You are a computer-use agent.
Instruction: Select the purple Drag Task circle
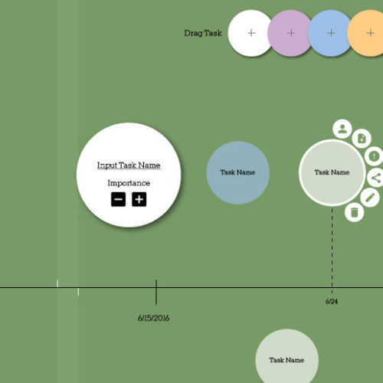pyautogui.click(x=290, y=33)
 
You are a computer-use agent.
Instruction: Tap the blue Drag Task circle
pyautogui.click(x=331, y=33)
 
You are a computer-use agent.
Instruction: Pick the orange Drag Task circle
pyautogui.click(x=368, y=33)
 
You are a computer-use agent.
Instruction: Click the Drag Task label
pyautogui.click(x=203, y=33)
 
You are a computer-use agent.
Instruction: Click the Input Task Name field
pyautogui.click(x=129, y=165)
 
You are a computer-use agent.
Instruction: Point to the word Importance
pyautogui.click(x=129, y=183)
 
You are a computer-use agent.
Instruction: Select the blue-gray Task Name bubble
pyautogui.click(x=238, y=172)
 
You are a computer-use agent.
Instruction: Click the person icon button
pyautogui.click(x=342, y=129)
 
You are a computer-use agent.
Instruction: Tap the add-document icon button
pyautogui.click(x=362, y=139)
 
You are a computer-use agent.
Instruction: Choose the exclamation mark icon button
pyautogui.click(x=374, y=155)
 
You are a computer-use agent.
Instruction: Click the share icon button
pyautogui.click(x=376, y=178)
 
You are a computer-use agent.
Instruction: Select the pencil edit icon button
pyautogui.click(x=370, y=198)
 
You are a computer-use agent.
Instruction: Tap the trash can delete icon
pyautogui.click(x=354, y=212)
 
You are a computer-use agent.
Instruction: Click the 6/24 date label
pyautogui.click(x=332, y=302)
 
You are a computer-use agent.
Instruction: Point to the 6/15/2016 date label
pyautogui.click(x=153, y=318)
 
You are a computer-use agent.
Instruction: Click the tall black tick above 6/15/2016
pyautogui.click(x=156, y=292)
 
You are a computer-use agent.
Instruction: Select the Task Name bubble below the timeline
pyautogui.click(x=286, y=358)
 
